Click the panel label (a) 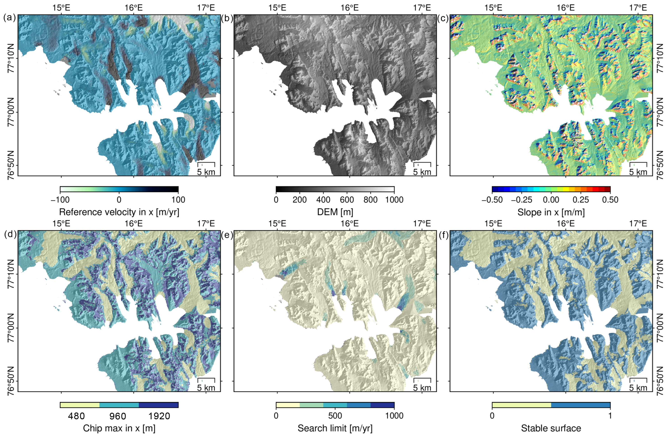[x=8, y=18]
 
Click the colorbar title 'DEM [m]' [x=335, y=212]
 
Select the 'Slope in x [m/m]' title [x=551, y=212]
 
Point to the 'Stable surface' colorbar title [x=551, y=428]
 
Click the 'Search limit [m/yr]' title [x=335, y=428]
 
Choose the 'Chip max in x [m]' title [x=119, y=428]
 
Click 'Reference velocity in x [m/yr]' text [x=119, y=212]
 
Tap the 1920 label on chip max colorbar [x=159, y=416]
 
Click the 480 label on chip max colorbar [x=76, y=416]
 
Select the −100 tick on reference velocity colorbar [x=60, y=200]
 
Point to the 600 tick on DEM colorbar [x=347, y=200]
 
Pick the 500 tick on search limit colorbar [x=335, y=416]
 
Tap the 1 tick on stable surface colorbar [x=610, y=416]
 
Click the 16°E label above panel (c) [x=566, y=8]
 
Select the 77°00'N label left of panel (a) [x=10, y=112]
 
